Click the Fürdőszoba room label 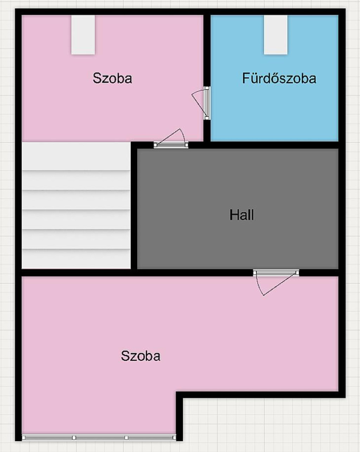click(x=279, y=78)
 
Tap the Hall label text click(x=242, y=215)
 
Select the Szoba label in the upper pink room click(x=112, y=78)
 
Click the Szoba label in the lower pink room click(x=140, y=356)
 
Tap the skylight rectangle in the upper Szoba click(x=83, y=35)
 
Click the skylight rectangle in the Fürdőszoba click(x=276, y=35)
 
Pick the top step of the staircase click(x=76, y=156)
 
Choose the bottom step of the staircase click(x=76, y=259)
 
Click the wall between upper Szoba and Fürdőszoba click(x=207, y=50)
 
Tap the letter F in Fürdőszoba click(x=246, y=78)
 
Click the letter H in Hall click(x=234, y=215)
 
